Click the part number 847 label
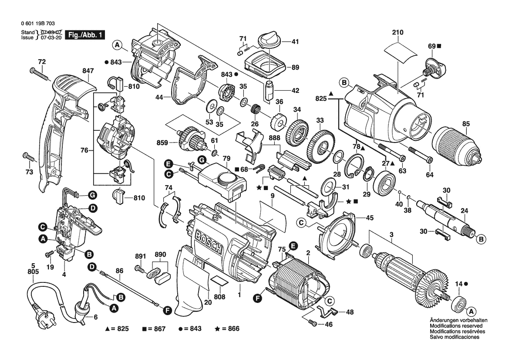click(x=88, y=71)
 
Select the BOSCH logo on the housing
click(x=209, y=242)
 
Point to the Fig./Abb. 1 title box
click(x=85, y=35)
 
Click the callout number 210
click(x=398, y=32)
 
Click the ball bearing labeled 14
click(x=458, y=303)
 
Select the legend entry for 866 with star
click(x=227, y=329)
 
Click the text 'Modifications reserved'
click(x=456, y=326)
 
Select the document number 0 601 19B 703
click(x=37, y=24)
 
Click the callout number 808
click(x=220, y=297)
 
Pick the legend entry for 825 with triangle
click(x=117, y=329)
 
